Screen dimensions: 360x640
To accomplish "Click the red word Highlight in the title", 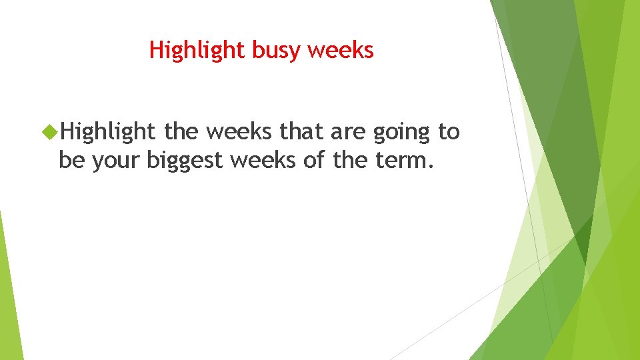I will pos(197,50).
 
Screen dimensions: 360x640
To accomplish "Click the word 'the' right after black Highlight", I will pos(181,132).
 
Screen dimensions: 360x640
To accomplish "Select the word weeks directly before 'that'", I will pos(239,132).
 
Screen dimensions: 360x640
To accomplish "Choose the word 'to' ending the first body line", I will pos(449,133).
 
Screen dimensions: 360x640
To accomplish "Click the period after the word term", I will pos(429,167).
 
